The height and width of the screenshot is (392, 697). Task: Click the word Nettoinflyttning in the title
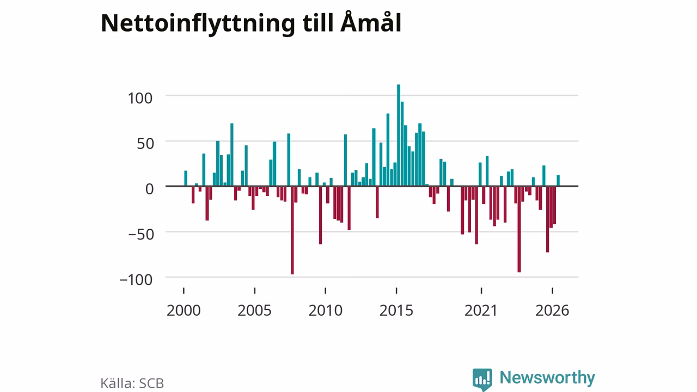[x=198, y=24]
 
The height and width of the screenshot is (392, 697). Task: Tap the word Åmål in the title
[x=371, y=22]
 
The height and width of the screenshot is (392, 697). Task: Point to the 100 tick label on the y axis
[x=140, y=99]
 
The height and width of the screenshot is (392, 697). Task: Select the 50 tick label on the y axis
[x=145, y=144]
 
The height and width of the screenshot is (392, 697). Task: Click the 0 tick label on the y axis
[x=149, y=189]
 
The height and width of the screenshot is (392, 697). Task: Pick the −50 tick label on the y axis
[x=141, y=234]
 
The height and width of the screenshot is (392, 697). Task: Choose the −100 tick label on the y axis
[x=136, y=280]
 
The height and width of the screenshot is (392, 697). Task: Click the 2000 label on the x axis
[x=184, y=310]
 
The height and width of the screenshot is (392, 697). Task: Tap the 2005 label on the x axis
[x=254, y=310]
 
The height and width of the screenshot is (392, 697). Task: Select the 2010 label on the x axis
[x=326, y=310]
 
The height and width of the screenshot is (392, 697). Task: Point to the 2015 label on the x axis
[x=396, y=310]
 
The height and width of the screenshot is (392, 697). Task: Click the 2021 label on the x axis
[x=481, y=310]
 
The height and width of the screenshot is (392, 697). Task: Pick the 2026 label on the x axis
[x=552, y=310]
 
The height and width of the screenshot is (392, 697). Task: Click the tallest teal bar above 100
[x=398, y=136]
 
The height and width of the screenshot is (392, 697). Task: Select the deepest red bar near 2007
[x=292, y=230]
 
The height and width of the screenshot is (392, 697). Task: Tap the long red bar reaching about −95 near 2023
[x=519, y=229]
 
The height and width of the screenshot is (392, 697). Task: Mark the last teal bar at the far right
[x=558, y=181]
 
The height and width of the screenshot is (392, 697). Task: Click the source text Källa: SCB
[x=132, y=383]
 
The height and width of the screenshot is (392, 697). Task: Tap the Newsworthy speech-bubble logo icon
[x=482, y=379]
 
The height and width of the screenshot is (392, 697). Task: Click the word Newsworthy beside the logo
[x=547, y=378]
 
